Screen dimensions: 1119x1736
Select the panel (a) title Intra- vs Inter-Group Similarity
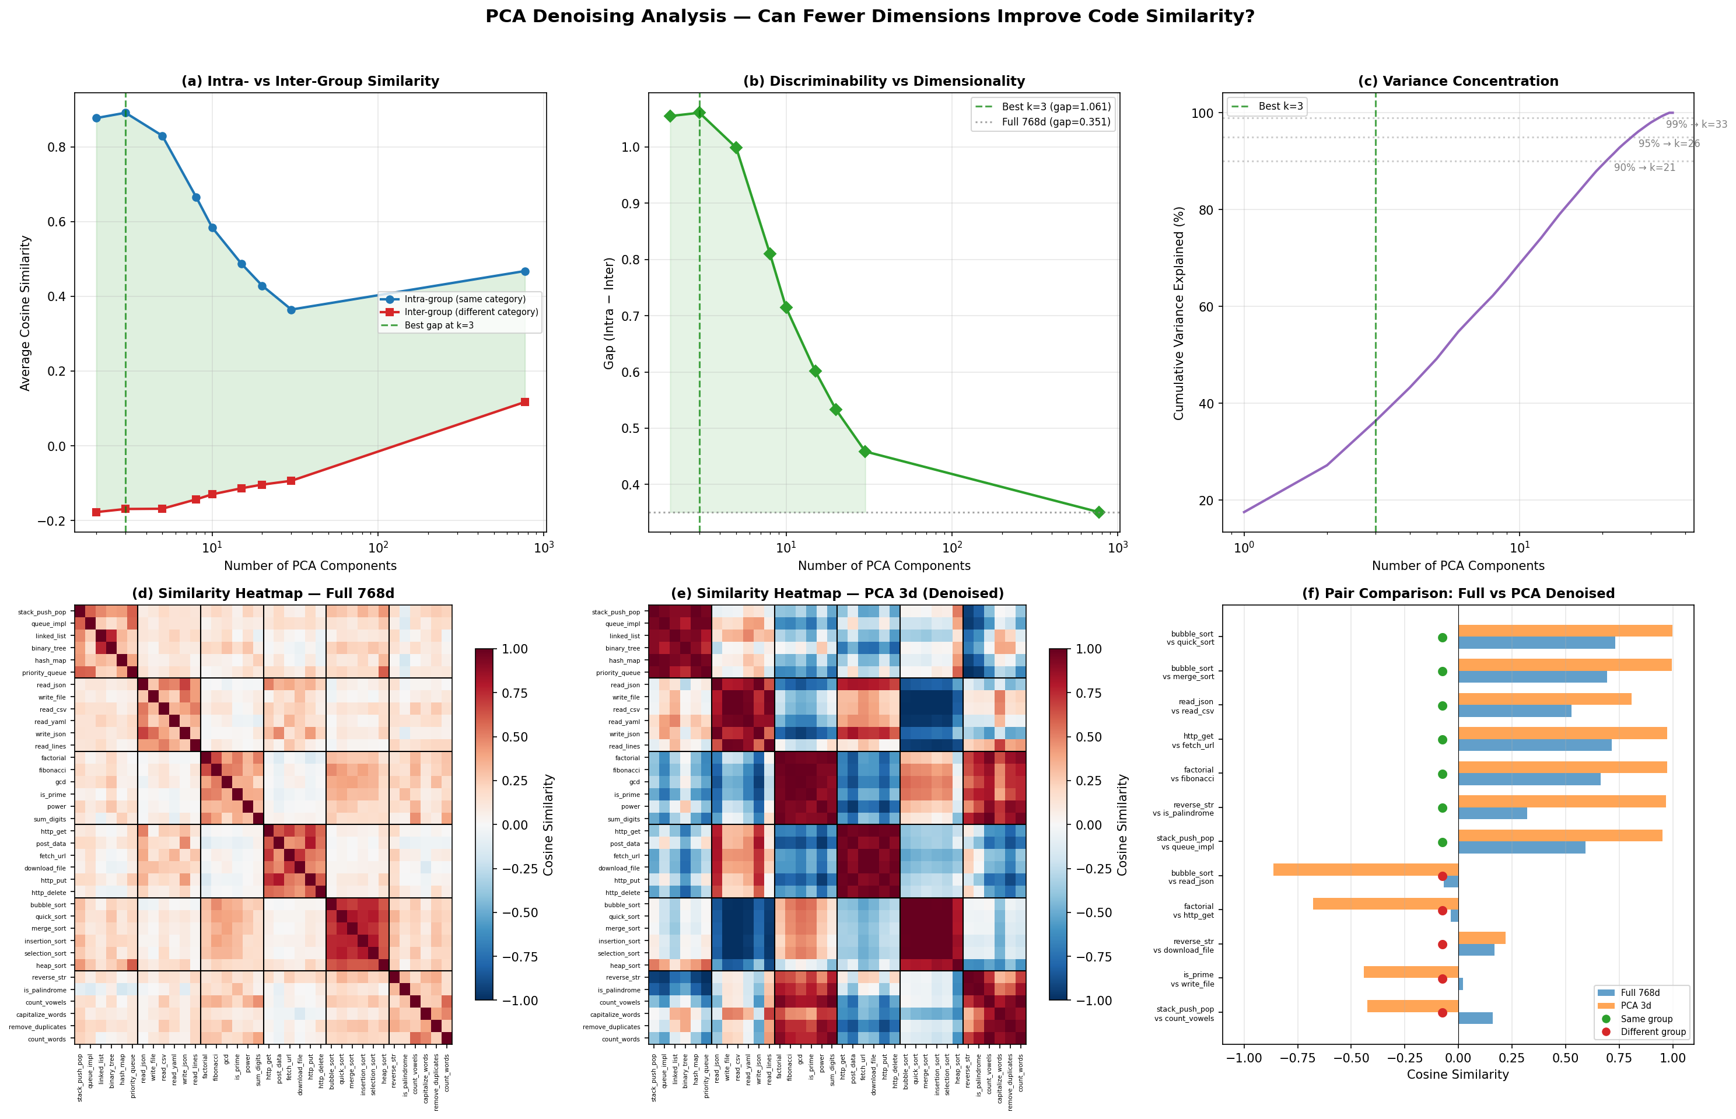pyautogui.click(x=310, y=81)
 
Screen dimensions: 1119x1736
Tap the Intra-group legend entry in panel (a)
pyautogui.click(x=464, y=299)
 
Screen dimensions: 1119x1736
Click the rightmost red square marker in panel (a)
pyautogui.click(x=524, y=402)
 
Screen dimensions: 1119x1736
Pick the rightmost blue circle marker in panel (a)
pyautogui.click(x=524, y=272)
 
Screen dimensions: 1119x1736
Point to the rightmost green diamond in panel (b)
pyautogui.click(x=1098, y=512)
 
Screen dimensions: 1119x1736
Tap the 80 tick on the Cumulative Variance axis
pyautogui.click(x=1205, y=210)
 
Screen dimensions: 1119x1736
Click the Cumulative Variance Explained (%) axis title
pyautogui.click(x=1179, y=313)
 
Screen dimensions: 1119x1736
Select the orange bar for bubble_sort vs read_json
pyautogui.click(x=1366, y=869)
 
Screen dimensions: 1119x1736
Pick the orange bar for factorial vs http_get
pyautogui.click(x=1385, y=904)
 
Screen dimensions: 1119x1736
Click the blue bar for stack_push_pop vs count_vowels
pyautogui.click(x=1475, y=1018)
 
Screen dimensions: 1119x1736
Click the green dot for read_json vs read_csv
pyautogui.click(x=1443, y=705)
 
